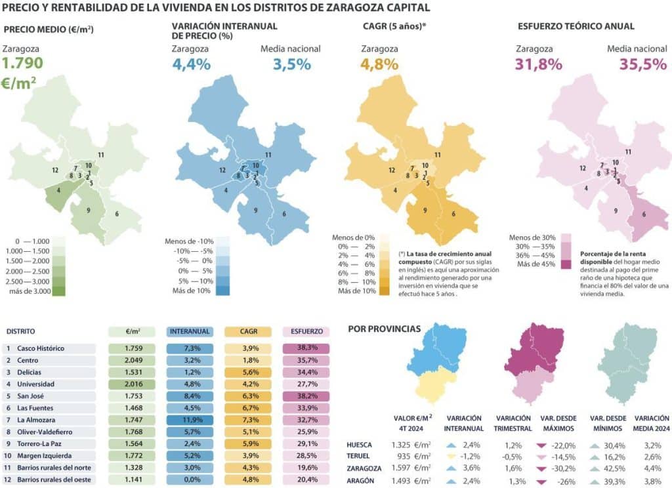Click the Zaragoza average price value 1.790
click(23, 64)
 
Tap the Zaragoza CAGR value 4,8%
click(379, 64)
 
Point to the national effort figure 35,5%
click(643, 64)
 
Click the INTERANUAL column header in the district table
click(190, 332)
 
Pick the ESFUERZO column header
click(305, 332)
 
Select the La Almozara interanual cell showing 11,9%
click(190, 420)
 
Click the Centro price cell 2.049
click(132, 360)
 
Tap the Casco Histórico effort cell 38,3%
click(305, 348)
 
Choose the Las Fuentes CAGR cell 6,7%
click(247, 408)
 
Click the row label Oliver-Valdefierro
click(45, 432)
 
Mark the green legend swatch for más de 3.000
click(58, 291)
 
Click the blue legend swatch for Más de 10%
click(222, 291)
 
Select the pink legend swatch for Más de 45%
click(565, 264)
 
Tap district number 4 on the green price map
click(59, 190)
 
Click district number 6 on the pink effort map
click(644, 214)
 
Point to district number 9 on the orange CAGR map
click(425, 210)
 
